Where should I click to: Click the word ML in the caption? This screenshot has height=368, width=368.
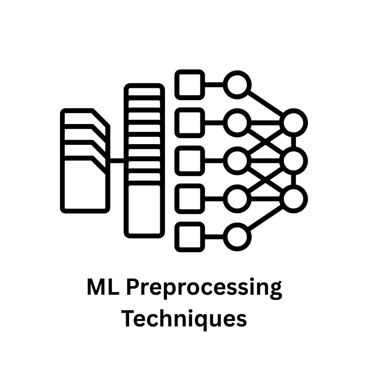103,287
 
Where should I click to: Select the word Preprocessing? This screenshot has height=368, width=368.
204,289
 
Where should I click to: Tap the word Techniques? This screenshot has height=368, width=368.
184,318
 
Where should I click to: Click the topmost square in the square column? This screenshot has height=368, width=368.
190,85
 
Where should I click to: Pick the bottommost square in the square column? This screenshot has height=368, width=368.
190,237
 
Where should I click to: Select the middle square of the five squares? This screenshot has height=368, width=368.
190,161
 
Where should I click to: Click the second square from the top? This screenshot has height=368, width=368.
190,123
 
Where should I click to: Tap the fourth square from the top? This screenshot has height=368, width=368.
190,199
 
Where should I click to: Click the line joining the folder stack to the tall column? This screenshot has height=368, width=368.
117,161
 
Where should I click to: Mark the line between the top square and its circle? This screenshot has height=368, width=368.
214,85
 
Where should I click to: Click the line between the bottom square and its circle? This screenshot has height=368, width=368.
214,237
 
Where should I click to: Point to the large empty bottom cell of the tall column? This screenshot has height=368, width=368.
144,210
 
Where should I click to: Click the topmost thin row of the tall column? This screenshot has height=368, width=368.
144,92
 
